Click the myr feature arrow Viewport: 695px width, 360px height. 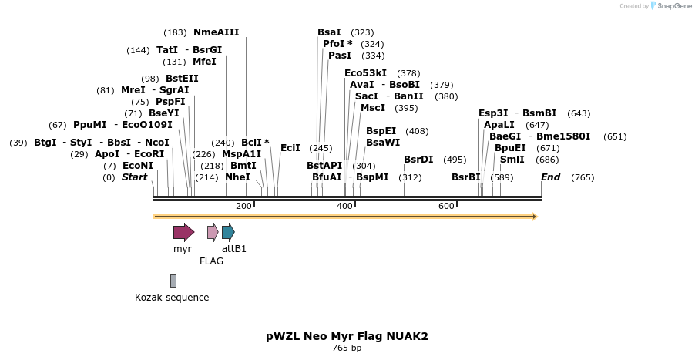click(x=183, y=232)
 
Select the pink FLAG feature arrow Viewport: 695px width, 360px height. click(x=213, y=232)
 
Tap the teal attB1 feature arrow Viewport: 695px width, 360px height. click(x=228, y=232)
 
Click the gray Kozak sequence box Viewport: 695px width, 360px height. click(x=173, y=281)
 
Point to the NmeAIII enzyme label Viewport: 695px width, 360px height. click(x=217, y=32)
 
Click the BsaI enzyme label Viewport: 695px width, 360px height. click(x=329, y=32)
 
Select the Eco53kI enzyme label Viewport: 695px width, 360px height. click(x=366, y=73)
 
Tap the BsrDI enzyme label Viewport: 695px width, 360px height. click(x=418, y=160)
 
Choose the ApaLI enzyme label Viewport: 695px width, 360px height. click(x=499, y=125)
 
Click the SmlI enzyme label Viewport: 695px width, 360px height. click(x=512, y=160)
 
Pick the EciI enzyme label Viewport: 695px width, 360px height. click(x=290, y=148)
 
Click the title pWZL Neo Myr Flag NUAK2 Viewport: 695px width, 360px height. click(x=347, y=336)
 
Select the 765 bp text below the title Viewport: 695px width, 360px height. click(x=347, y=348)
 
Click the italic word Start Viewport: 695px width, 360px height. click(x=134, y=177)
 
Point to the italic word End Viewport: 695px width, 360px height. click(x=550, y=177)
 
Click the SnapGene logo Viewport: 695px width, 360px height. click(x=668, y=6)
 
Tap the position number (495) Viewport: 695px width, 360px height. click(x=455, y=160)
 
